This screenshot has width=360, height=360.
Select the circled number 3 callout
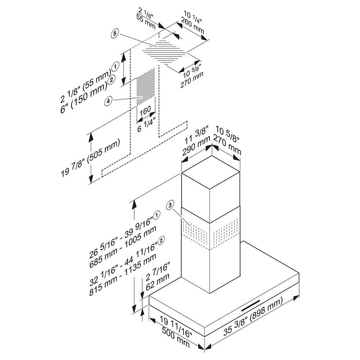click(170, 205)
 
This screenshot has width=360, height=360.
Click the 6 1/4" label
click(147, 125)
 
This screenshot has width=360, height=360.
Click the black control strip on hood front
click(251, 306)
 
